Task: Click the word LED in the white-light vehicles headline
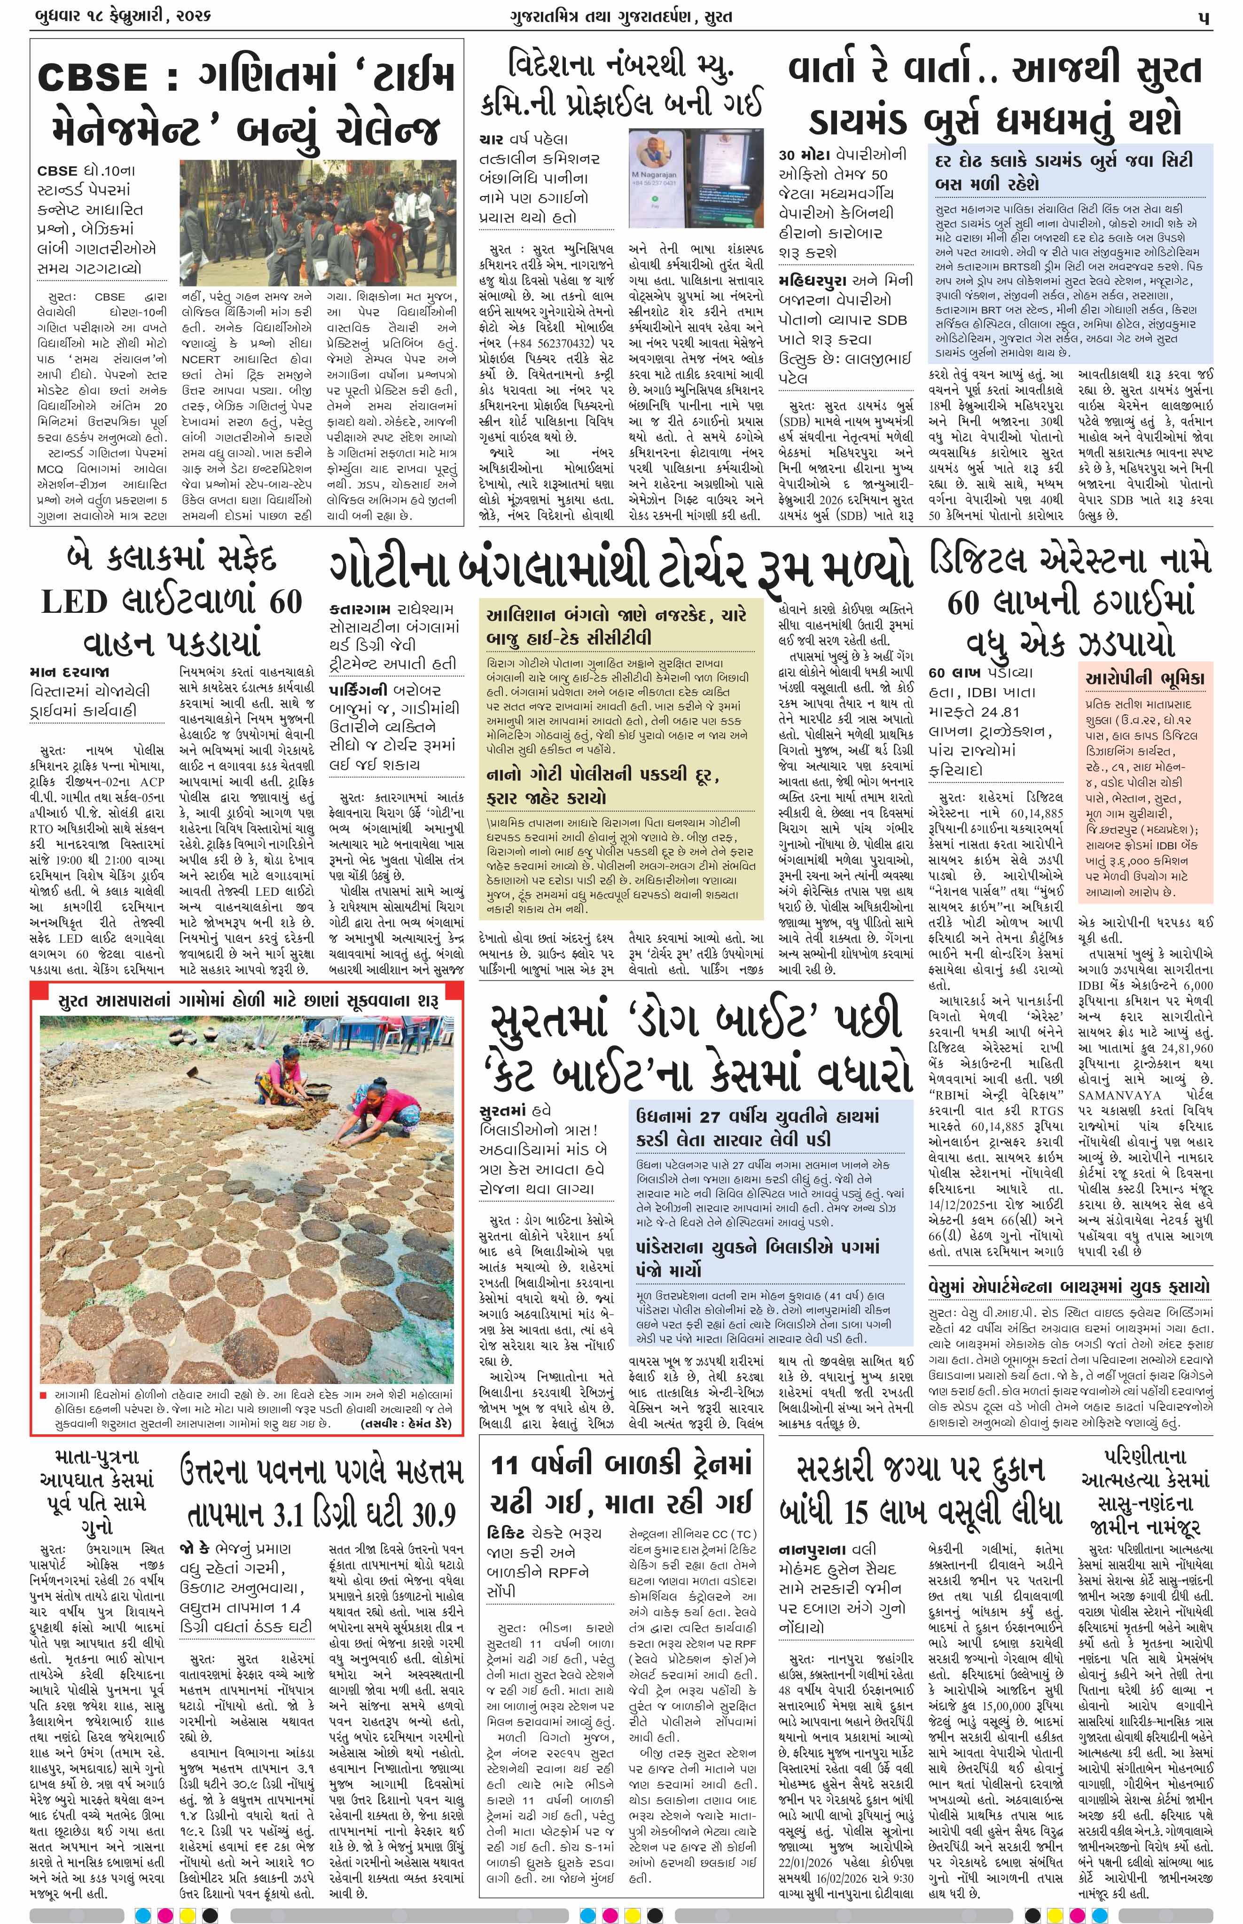(74, 601)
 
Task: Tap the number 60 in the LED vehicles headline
(285, 601)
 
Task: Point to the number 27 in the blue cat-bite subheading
(710, 1116)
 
